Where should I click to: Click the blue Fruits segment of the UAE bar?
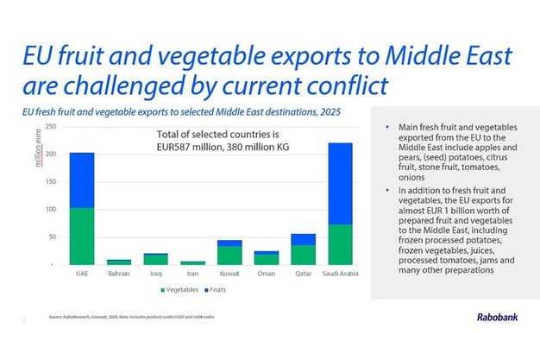[81, 180]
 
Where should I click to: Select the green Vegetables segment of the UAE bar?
[81, 235]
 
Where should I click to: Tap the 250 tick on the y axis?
[51, 127]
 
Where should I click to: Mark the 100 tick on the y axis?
[51, 209]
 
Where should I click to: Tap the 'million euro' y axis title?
[63, 143]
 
